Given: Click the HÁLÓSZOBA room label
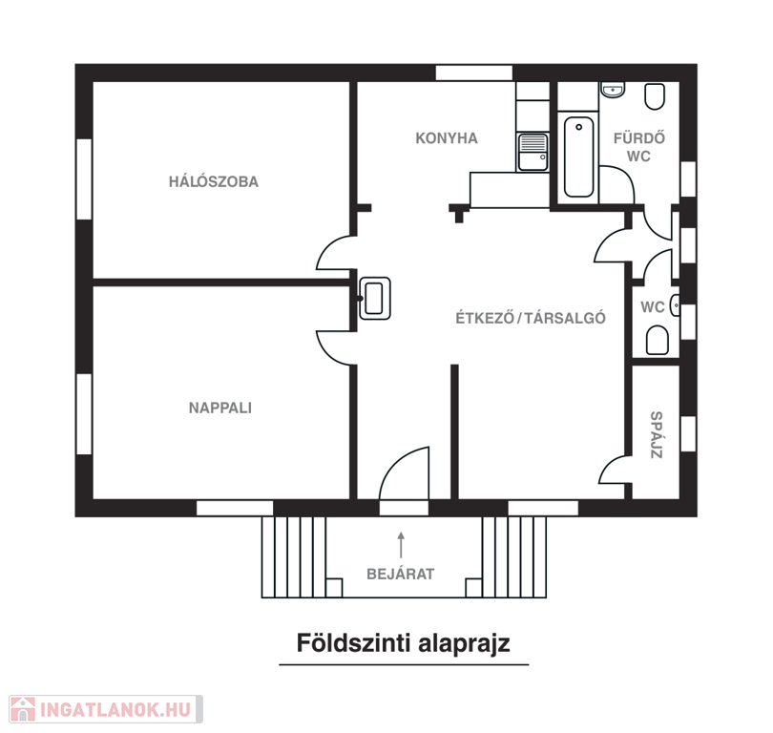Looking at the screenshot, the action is [x=214, y=181].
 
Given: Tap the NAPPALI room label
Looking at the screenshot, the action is [x=220, y=408].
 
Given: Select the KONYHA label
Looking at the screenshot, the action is [x=447, y=138].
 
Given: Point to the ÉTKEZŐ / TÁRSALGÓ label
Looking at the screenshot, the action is [x=531, y=318].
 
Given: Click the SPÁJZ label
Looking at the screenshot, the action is [x=657, y=435].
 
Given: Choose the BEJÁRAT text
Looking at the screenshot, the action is [x=401, y=574].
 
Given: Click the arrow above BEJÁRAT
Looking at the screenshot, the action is [x=401, y=545].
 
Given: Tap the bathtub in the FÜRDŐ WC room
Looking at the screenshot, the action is [x=578, y=157].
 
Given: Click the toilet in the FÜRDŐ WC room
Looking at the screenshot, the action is [x=656, y=96].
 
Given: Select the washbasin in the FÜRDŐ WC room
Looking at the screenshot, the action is [x=613, y=90].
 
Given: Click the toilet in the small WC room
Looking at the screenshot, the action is [x=658, y=340].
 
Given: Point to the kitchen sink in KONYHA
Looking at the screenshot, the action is [x=533, y=152].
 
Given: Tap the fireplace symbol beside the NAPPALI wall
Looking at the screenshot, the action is [x=375, y=298].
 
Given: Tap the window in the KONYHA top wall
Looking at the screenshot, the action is [x=474, y=73].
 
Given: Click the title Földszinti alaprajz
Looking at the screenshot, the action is [x=404, y=643].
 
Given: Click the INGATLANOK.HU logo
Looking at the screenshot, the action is [x=106, y=709].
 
